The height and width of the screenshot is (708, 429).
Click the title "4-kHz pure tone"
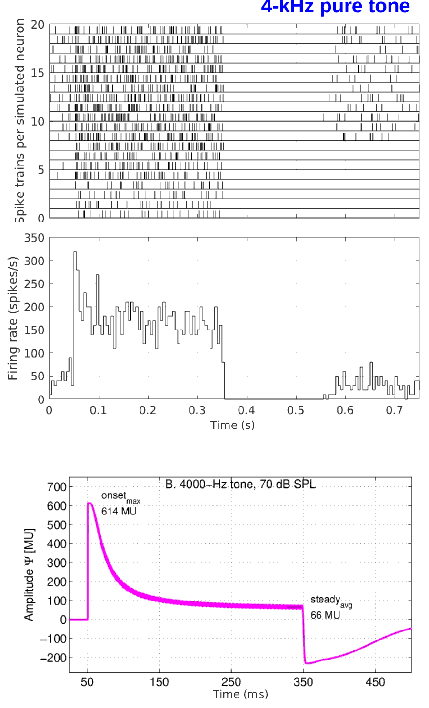[335, 7]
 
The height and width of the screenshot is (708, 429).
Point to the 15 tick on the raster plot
[38, 73]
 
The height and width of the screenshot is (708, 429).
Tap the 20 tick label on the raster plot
[38, 24]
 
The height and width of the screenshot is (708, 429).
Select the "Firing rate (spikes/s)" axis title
[13, 318]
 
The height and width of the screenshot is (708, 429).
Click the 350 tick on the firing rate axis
[34, 238]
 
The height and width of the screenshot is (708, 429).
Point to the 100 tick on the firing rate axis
[34, 353]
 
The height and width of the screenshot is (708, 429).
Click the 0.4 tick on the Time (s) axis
[246, 410]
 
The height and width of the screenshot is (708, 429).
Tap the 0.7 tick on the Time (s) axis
[394, 410]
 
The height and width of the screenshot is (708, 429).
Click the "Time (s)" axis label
[232, 425]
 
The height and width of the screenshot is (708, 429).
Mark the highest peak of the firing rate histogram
[75, 252]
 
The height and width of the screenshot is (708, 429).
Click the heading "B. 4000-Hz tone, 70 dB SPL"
[240, 485]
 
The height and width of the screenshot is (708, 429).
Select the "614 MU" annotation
[119, 511]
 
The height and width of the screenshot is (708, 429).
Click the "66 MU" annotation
[325, 615]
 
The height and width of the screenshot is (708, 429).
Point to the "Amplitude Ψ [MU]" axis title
[30, 574]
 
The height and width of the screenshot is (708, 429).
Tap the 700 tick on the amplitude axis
[57, 487]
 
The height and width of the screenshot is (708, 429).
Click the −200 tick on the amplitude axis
[53, 658]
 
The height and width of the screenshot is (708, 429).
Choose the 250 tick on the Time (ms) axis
[231, 682]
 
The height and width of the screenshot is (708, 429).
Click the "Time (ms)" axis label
[240, 694]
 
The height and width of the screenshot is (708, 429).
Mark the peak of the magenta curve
[90, 503]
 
